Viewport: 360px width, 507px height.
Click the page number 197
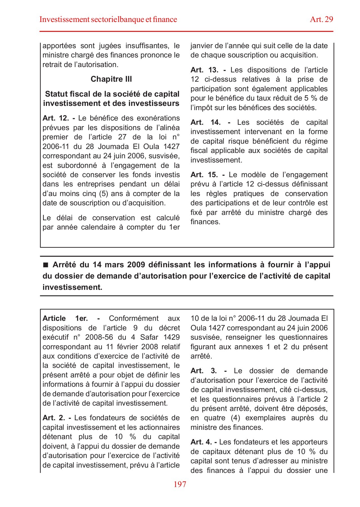point(180,484)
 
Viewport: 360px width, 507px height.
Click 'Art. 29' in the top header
point(321,19)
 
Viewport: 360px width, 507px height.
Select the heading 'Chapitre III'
point(111,79)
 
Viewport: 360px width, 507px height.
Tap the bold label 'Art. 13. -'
point(208,70)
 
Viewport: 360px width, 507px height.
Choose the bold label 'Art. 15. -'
point(207,175)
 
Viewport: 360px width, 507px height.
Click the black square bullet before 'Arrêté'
point(46,265)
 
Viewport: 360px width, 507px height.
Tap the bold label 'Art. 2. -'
point(57,418)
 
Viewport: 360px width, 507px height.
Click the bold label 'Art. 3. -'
point(209,371)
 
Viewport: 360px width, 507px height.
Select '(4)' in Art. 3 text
point(235,418)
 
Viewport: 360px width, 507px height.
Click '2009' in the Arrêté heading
point(136,265)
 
